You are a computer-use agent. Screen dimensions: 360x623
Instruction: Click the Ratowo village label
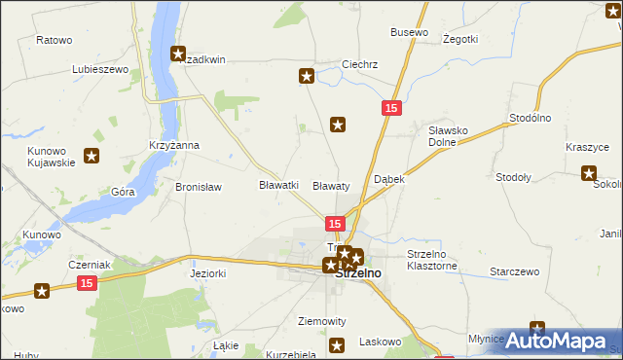coord(55,40)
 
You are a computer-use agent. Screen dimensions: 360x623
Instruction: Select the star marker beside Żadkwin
coord(179,54)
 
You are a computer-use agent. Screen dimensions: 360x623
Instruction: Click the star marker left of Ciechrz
coord(307,75)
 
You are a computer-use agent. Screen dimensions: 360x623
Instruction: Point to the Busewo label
coord(409,32)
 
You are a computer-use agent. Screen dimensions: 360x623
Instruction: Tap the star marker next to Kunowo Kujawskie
coord(92,155)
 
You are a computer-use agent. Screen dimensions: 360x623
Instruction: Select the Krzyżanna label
coord(174,145)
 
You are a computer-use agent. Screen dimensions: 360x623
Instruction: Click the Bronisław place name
coord(199,186)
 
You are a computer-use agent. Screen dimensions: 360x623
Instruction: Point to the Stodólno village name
coord(531,118)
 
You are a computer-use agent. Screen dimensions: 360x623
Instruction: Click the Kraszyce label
coord(587,146)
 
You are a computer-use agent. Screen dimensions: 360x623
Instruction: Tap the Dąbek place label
coord(389,180)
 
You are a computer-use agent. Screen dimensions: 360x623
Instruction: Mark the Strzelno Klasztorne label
coord(432,259)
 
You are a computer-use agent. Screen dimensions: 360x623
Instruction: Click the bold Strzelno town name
coord(358,274)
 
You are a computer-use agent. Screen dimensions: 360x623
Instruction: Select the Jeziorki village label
coord(208,274)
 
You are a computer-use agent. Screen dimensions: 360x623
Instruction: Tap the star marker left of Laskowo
coord(338,343)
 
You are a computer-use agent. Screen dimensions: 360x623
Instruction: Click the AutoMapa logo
coord(560,341)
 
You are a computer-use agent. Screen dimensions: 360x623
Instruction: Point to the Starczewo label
coord(514,271)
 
